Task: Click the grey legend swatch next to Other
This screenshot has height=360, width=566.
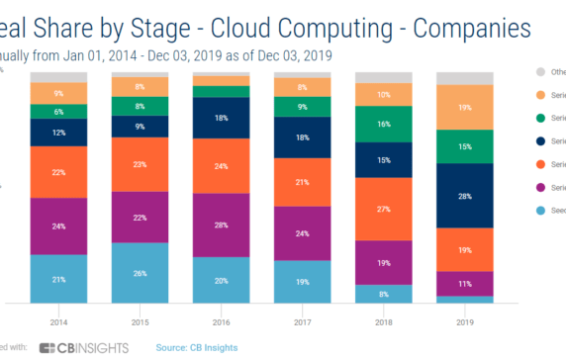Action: pos(539,71)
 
